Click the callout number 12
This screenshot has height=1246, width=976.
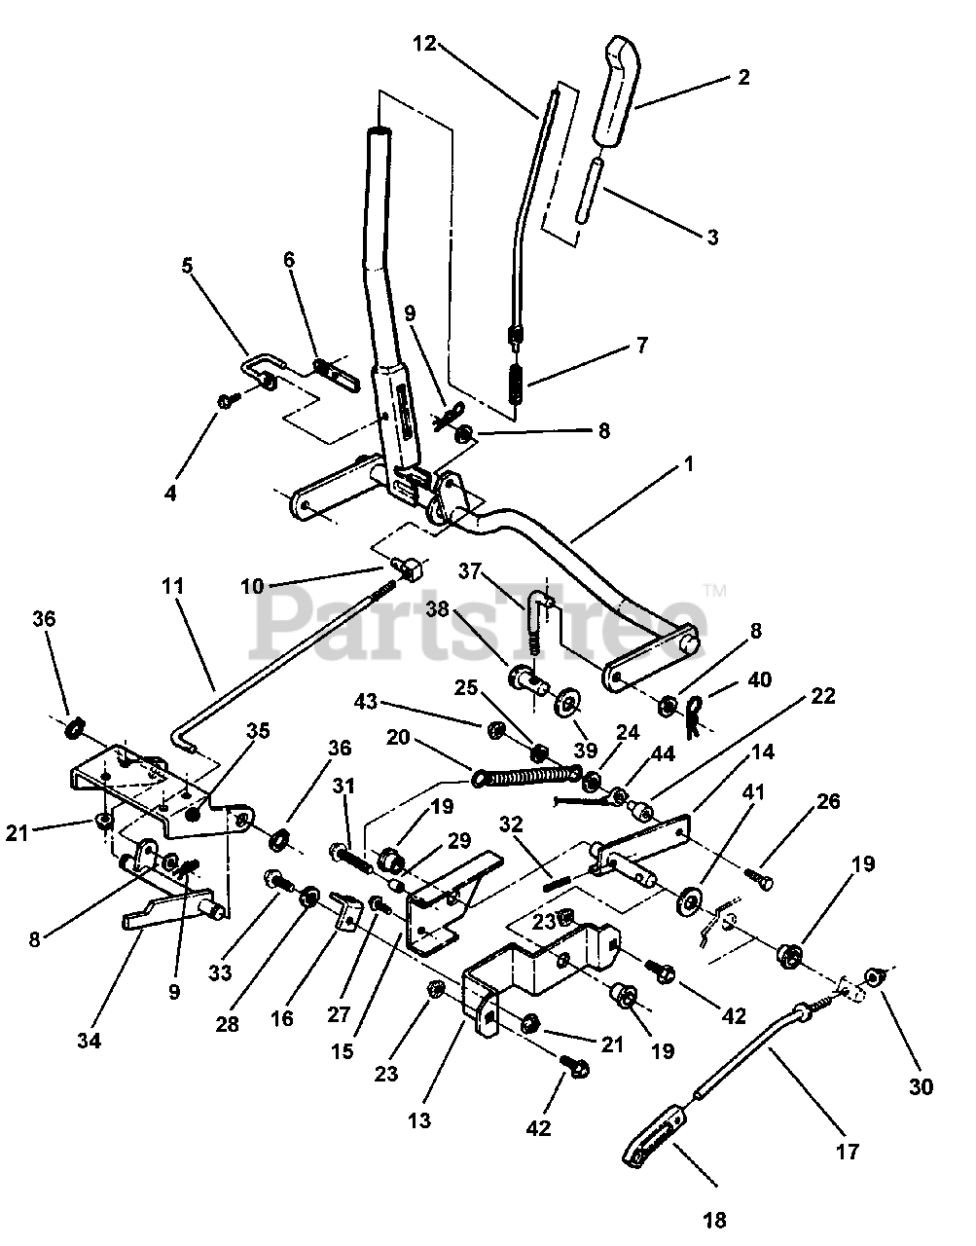click(423, 44)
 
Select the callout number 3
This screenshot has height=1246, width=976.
click(712, 237)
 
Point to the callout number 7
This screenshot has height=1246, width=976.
click(642, 345)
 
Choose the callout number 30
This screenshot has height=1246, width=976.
click(921, 1086)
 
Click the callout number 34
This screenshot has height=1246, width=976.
click(89, 1040)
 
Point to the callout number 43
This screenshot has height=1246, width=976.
click(366, 701)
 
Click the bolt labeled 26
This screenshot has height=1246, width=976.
click(758, 875)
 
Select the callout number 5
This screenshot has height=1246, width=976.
click(188, 266)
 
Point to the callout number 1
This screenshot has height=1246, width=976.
click(689, 463)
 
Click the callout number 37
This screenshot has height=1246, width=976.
click(469, 571)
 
